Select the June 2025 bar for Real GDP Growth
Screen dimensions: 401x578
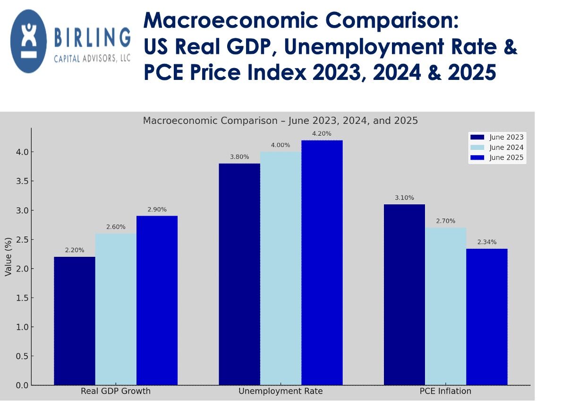click(157, 300)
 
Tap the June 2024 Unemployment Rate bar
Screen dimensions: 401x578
click(280, 268)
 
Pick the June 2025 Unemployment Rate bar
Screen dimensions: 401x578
click(322, 262)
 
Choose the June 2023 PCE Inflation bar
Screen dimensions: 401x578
click(404, 295)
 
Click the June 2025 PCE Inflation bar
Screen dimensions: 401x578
click(487, 317)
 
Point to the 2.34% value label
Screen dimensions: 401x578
click(487, 242)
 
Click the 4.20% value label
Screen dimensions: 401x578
click(322, 133)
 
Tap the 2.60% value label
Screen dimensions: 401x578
click(116, 227)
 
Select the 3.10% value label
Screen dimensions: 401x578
click(404, 198)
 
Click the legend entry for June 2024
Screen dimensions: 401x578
click(496, 148)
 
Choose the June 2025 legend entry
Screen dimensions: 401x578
click(496, 158)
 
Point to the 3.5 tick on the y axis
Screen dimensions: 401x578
click(21, 181)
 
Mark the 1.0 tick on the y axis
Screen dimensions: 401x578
click(21, 327)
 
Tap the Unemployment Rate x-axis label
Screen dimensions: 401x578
click(280, 392)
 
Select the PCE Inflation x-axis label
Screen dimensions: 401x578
click(445, 392)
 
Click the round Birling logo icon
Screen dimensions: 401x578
click(29, 41)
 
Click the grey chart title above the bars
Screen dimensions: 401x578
click(280, 121)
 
